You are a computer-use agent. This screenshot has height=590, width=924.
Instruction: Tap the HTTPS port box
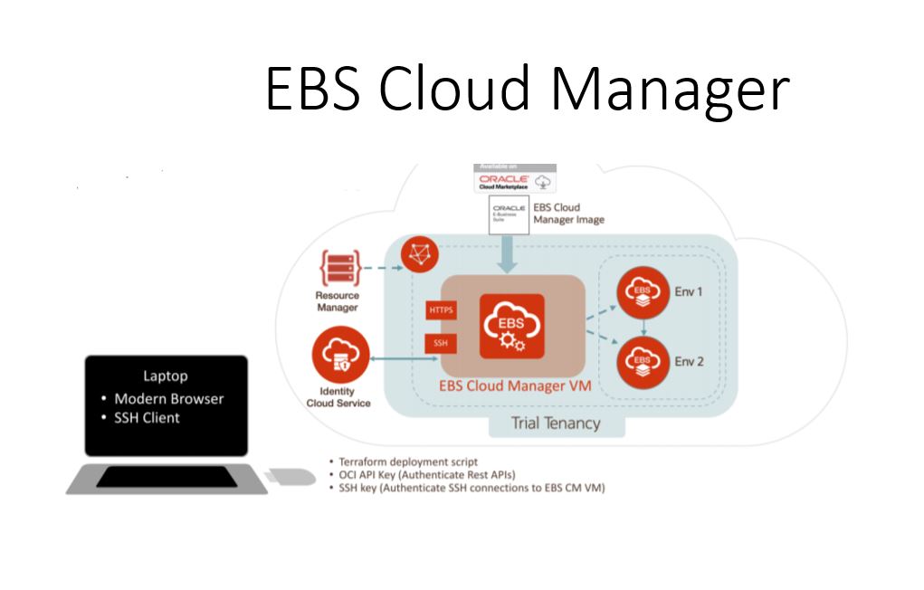pos(441,310)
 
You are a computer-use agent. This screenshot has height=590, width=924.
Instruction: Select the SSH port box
pos(440,344)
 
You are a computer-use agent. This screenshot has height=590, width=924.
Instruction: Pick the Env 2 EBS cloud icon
pos(643,362)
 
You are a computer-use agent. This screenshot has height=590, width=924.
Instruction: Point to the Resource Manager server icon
pos(339,269)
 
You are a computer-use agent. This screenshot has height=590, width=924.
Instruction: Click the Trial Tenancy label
pos(555,423)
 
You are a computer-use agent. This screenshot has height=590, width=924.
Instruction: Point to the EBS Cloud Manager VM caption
pos(515,385)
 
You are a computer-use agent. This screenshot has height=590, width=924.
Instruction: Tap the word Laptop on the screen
pos(167,376)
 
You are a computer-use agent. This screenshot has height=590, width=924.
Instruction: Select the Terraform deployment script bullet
pos(408,462)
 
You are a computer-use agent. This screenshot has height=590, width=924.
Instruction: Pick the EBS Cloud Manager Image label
pos(568,214)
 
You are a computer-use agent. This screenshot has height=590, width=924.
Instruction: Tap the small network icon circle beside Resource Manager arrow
pos(418,254)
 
